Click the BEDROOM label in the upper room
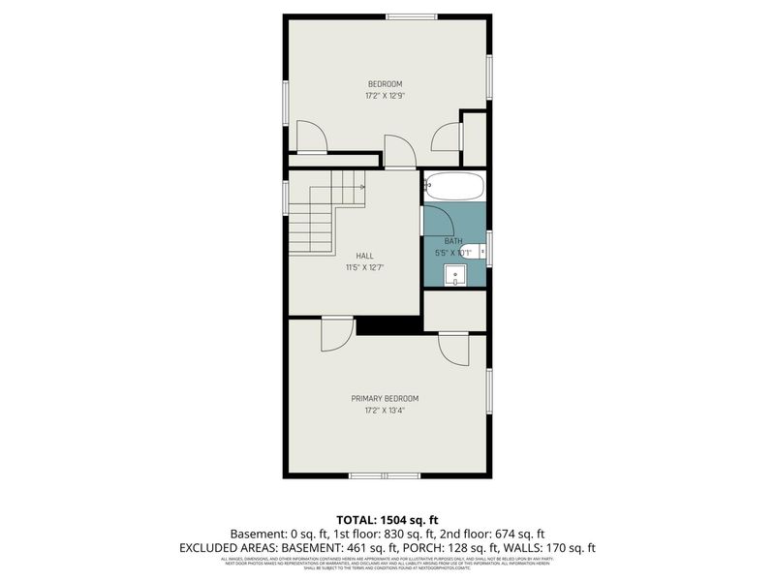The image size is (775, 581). point(385,84)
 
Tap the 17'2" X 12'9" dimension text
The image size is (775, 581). point(385,97)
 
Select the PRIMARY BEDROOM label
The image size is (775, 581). point(385,398)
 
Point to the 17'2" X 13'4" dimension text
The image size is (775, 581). point(385,411)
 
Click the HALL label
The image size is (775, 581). point(365,256)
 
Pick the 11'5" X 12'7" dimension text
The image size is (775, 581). point(365,268)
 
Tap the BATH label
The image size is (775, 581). point(453,241)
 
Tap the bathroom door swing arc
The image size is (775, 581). point(437,219)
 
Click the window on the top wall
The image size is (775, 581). point(412,15)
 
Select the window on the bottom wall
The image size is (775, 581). point(384,475)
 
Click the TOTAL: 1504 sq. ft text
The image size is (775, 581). point(387,518)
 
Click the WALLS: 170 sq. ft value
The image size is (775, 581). point(559,548)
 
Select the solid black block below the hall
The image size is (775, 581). point(389,326)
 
